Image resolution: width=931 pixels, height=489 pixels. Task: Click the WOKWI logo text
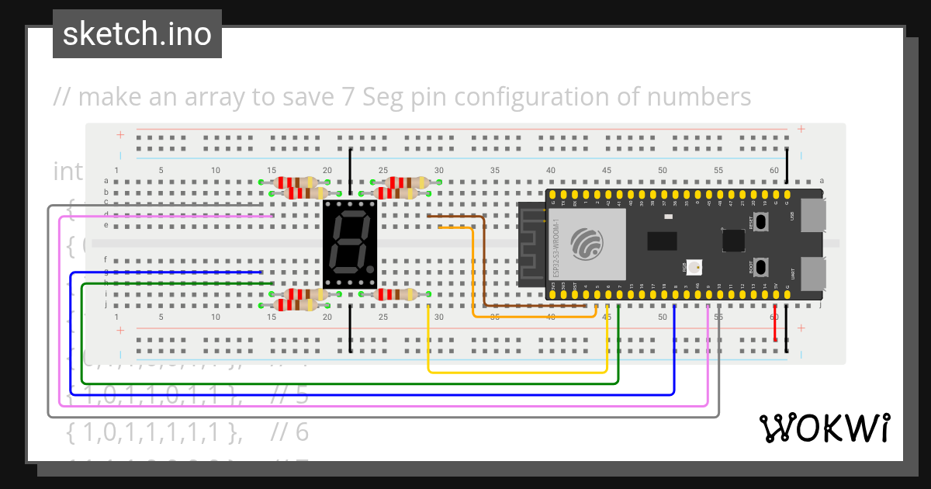[x=824, y=428]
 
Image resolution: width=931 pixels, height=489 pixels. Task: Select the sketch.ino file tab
[x=137, y=34]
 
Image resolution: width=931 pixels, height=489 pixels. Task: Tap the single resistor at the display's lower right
[x=394, y=294]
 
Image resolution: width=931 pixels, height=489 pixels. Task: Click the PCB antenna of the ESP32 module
[x=532, y=244]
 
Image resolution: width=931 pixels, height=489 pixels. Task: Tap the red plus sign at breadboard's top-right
[x=801, y=130]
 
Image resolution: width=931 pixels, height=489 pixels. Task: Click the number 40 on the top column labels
[x=550, y=171]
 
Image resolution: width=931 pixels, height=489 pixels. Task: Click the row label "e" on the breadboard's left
[x=106, y=225]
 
